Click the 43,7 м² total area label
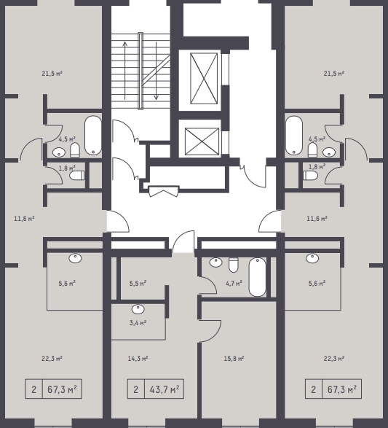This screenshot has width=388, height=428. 165,389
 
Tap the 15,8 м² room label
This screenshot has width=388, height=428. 234,359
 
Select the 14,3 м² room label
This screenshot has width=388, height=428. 138,359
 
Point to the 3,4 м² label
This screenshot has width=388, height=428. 138,323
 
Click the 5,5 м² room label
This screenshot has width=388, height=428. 138,284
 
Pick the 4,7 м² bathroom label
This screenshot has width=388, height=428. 234,284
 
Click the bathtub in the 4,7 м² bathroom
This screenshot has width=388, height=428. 258,277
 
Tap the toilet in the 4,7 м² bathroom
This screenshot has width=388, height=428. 234,265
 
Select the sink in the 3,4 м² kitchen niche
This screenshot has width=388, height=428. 138,309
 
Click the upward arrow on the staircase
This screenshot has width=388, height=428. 125,71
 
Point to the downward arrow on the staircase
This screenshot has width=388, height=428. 157,71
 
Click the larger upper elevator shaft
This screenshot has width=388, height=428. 204,79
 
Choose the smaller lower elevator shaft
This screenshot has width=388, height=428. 202,141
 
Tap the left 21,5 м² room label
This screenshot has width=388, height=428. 52,74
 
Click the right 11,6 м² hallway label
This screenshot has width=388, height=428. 317,219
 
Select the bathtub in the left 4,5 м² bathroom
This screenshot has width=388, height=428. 93,136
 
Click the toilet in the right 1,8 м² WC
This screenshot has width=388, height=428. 311,176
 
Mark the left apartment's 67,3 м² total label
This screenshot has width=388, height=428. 62,389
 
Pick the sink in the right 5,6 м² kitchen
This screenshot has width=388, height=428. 312,258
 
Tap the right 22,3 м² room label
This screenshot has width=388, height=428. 334,359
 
